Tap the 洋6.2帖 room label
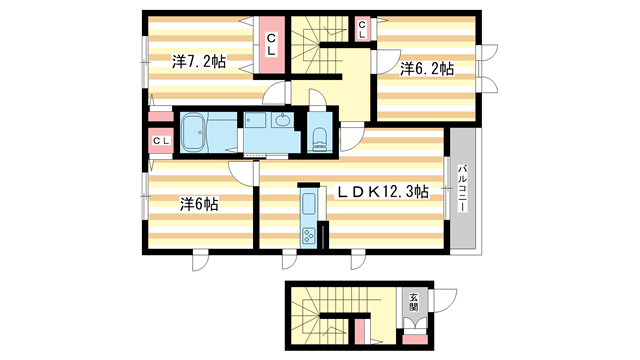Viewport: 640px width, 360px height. pyautogui.click(x=426, y=69)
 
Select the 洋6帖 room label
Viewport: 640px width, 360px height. pyautogui.click(x=199, y=204)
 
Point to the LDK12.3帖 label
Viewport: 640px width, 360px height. pyautogui.click(x=382, y=191)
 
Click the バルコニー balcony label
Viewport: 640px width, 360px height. pyautogui.click(x=463, y=190)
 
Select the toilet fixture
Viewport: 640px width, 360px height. pyautogui.click(x=320, y=139)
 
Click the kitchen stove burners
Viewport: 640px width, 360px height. pyautogui.click(x=308, y=236)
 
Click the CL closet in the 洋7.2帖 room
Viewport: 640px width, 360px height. pyautogui.click(x=270, y=45)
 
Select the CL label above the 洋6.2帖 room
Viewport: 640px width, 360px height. pyautogui.click(x=361, y=29)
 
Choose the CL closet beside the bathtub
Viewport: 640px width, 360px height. pyautogui.click(x=160, y=141)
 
